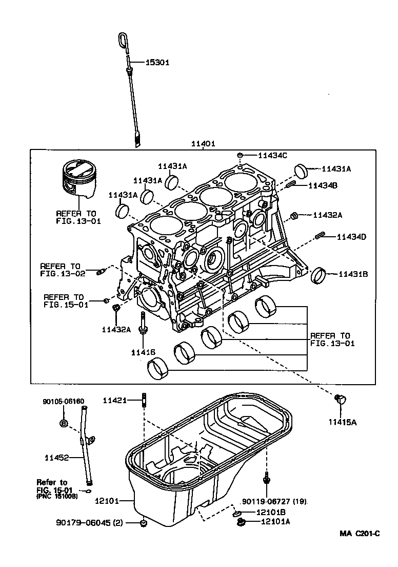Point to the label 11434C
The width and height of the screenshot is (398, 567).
(x=272, y=155)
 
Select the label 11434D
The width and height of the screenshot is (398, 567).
(x=351, y=237)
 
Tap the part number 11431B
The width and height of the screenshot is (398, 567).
(x=353, y=274)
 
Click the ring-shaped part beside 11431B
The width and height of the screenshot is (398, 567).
(x=321, y=275)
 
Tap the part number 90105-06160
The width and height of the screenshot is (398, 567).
(x=63, y=401)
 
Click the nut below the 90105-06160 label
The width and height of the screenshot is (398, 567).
(x=63, y=423)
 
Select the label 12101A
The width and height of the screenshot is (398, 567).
(x=275, y=521)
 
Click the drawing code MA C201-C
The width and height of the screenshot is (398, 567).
(x=359, y=533)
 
